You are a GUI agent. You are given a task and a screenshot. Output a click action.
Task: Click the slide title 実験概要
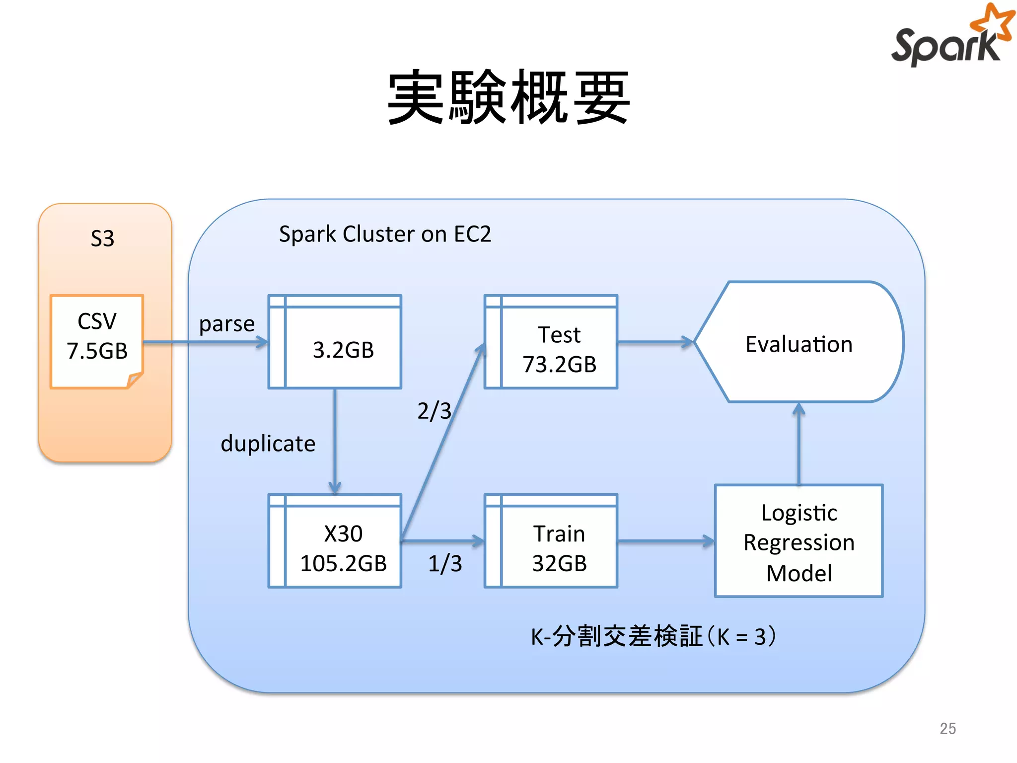(508, 97)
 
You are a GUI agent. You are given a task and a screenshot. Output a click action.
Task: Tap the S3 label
(102, 238)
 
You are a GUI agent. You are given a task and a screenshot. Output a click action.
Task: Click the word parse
(226, 324)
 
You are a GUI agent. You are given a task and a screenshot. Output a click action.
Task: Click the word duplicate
(268, 443)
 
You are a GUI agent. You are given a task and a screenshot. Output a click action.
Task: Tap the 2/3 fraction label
(434, 411)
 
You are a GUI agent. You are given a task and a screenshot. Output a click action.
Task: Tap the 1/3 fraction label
(445, 564)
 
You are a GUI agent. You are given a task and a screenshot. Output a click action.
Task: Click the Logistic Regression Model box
(799, 541)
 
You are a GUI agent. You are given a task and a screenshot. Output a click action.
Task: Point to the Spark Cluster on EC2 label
(385, 234)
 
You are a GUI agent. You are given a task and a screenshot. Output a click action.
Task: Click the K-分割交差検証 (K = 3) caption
(653, 636)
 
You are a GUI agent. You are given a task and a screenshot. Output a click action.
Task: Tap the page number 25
(947, 728)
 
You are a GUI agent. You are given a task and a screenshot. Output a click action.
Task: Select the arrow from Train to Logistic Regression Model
(665, 541)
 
